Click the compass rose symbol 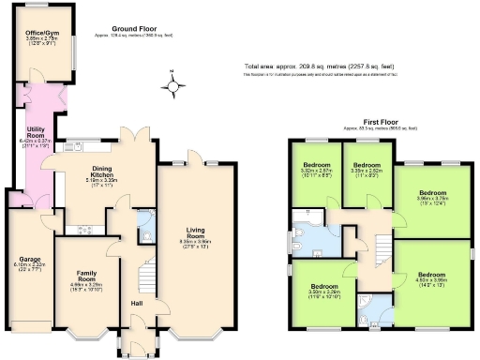(x=172, y=86)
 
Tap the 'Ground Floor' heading (x=132, y=30)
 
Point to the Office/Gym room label (x=42, y=37)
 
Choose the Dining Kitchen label (x=101, y=174)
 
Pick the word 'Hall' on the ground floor (x=136, y=303)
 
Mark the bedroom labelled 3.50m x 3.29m (x=324, y=290)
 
